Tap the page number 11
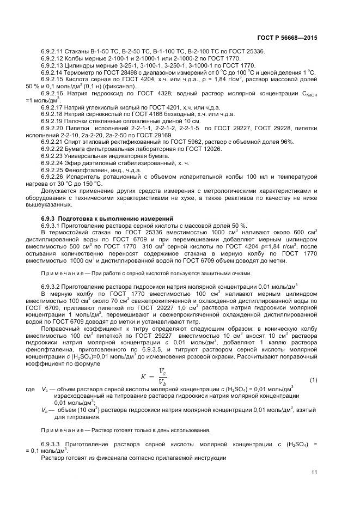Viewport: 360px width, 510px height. point(314,472)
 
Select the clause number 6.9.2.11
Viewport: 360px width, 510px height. point(53,51)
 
